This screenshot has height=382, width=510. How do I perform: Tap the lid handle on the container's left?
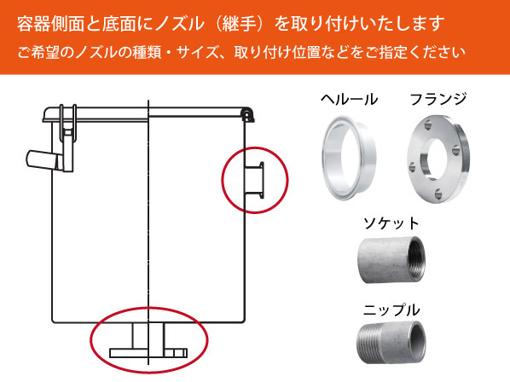43,159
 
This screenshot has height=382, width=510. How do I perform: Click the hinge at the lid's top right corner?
246,112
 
